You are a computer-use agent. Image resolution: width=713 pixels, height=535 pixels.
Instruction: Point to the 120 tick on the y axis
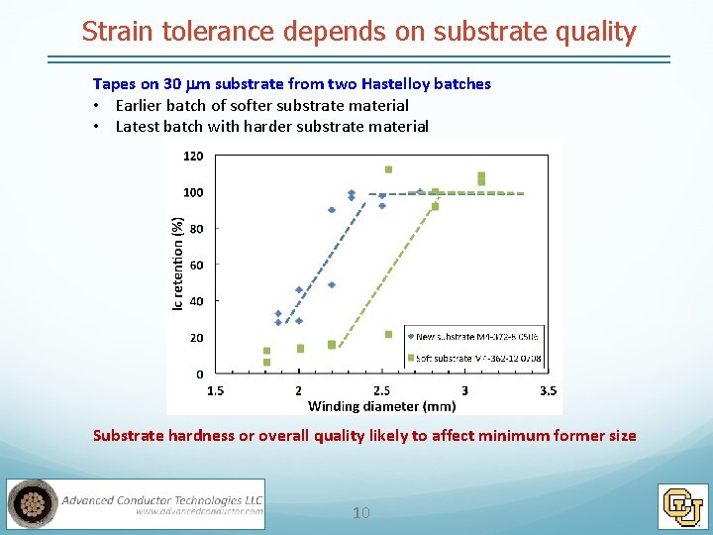click(x=193, y=156)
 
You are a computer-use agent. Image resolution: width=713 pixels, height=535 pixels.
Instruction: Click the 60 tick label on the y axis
click(x=196, y=265)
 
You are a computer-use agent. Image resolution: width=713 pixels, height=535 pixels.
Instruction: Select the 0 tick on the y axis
click(x=200, y=374)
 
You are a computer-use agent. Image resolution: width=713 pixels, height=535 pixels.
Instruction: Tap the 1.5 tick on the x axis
click(x=215, y=390)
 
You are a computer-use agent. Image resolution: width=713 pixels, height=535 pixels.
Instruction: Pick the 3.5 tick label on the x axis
click(x=547, y=390)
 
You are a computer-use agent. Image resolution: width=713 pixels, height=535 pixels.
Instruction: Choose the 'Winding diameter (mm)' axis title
click(x=381, y=405)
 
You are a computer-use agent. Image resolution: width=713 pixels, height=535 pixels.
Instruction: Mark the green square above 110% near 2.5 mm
click(x=388, y=169)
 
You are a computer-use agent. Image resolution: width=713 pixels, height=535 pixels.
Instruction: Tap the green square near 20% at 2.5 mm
click(x=388, y=334)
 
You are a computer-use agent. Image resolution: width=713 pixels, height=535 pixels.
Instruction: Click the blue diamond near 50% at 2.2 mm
click(x=332, y=284)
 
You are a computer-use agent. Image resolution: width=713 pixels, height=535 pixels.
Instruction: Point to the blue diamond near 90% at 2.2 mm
click(x=332, y=210)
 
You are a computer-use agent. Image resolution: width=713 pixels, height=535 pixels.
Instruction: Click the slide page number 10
click(x=361, y=512)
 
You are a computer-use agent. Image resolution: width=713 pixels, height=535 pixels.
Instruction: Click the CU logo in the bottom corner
click(x=683, y=505)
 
